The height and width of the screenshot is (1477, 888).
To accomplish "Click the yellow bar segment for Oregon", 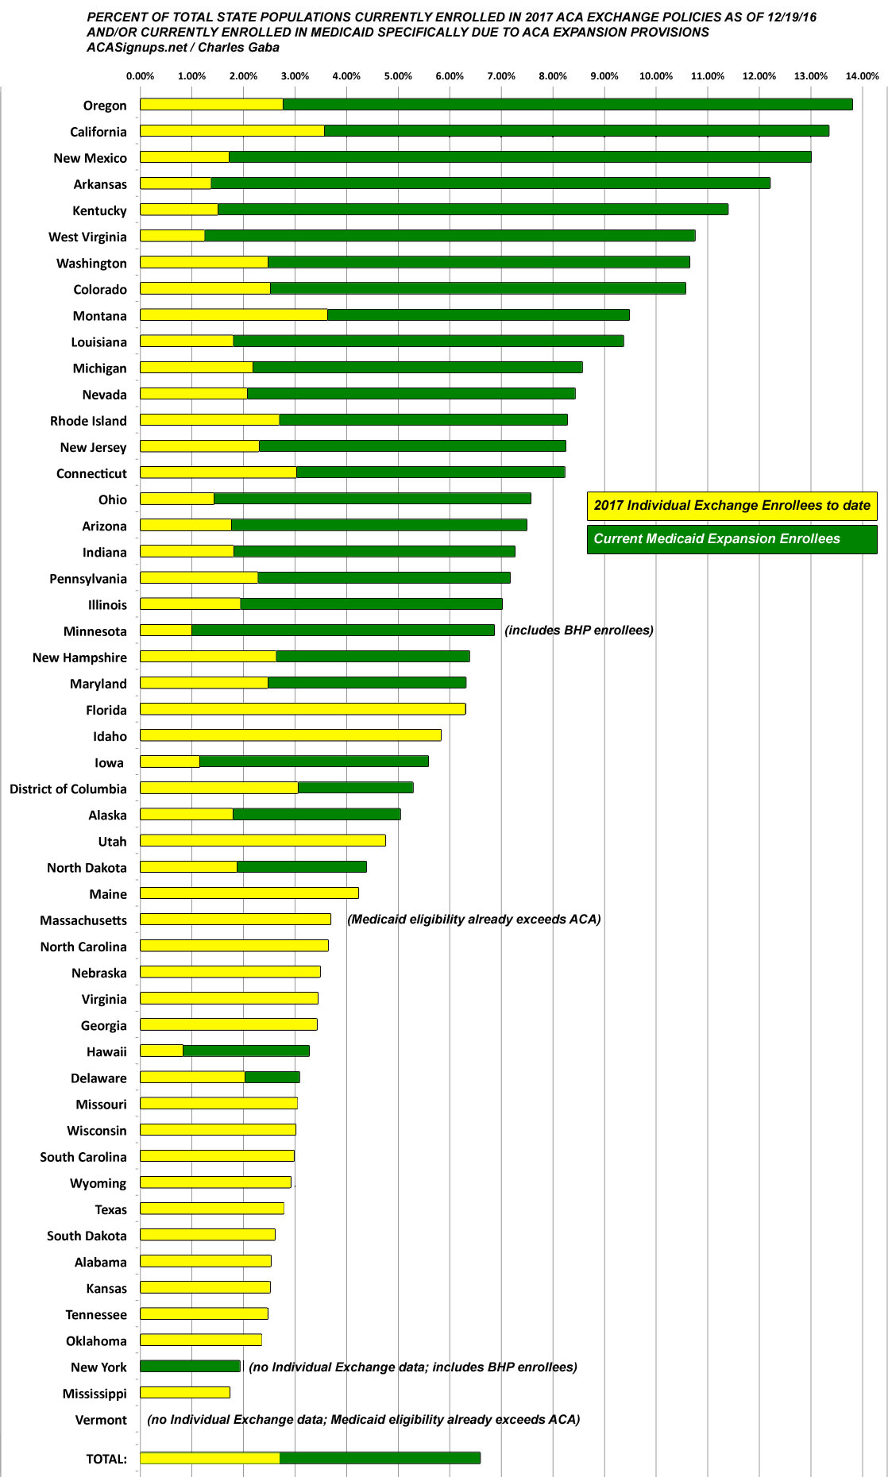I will pyautogui.click(x=211, y=104).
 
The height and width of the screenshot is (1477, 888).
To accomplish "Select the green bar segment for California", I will pyautogui.click(x=576, y=130).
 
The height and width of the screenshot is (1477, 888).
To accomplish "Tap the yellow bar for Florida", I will pyautogui.click(x=303, y=709).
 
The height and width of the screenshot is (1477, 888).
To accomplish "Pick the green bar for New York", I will pyautogui.click(x=190, y=1366).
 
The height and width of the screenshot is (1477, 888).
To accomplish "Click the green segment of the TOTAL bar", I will pyautogui.click(x=380, y=1458).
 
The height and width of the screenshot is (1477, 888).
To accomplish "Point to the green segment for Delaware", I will pyautogui.click(x=272, y=1077).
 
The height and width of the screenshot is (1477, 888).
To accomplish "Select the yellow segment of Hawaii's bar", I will pyautogui.click(x=161, y=1051).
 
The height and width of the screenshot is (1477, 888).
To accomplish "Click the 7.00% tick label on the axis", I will pyautogui.click(x=501, y=76).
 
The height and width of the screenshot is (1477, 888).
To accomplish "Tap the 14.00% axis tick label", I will pyautogui.click(x=862, y=76).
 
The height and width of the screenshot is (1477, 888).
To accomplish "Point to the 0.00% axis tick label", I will pyautogui.click(x=141, y=76).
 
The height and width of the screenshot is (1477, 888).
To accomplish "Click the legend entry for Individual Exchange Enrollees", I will pyautogui.click(x=732, y=506).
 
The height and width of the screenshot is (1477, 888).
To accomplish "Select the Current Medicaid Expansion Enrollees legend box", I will pyautogui.click(x=732, y=539).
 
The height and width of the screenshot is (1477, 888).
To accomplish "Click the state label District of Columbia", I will pyautogui.click(x=68, y=789).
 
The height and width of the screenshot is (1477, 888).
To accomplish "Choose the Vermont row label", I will pyautogui.click(x=101, y=1420).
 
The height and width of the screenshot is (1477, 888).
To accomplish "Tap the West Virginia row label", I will pyautogui.click(x=87, y=237).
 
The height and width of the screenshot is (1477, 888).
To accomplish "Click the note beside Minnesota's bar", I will pyautogui.click(x=579, y=630).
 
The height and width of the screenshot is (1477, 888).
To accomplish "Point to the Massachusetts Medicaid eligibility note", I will pyautogui.click(x=474, y=919).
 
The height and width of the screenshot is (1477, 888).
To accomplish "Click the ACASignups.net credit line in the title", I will pyautogui.click(x=183, y=47).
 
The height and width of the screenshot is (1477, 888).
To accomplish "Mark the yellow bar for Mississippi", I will pyautogui.click(x=185, y=1392).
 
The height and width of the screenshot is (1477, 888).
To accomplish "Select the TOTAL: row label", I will pyautogui.click(x=106, y=1459).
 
